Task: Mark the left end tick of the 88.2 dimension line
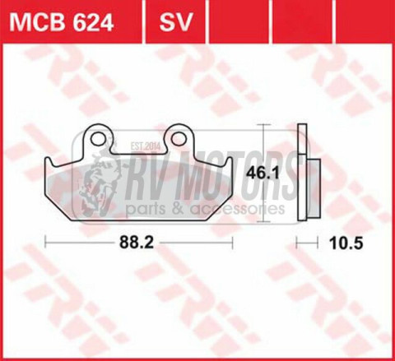[x=45, y=243]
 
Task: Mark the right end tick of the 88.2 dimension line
[x=235, y=243]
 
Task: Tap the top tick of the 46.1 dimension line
[x=263, y=125]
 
